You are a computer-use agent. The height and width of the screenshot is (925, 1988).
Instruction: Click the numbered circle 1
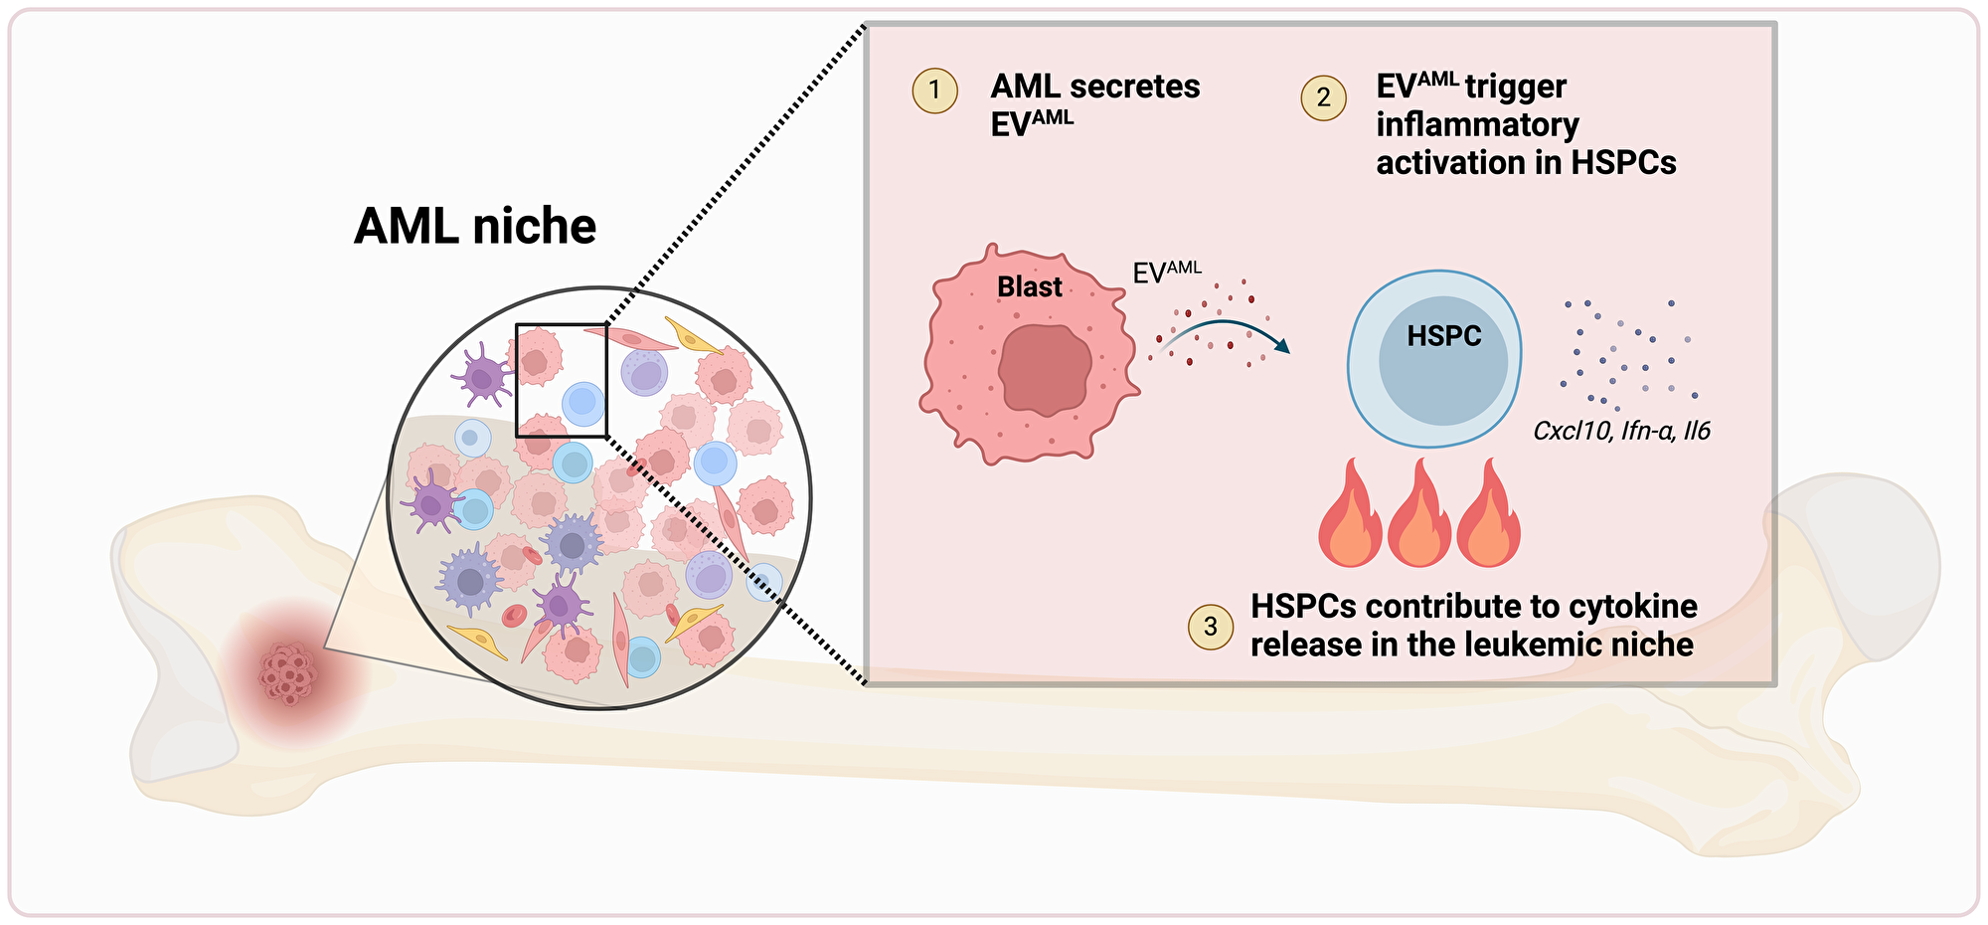coord(934,91)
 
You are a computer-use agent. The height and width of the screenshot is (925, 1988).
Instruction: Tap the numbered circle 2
coord(1323,97)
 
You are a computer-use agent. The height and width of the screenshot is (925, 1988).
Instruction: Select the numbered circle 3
coord(1211,627)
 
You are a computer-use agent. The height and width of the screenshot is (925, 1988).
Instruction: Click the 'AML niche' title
coord(475,227)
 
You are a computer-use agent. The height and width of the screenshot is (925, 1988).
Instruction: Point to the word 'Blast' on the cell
coord(1030,287)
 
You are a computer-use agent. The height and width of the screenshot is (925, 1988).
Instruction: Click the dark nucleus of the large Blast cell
coord(1045,367)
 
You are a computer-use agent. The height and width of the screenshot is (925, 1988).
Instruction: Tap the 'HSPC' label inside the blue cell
coord(1443,336)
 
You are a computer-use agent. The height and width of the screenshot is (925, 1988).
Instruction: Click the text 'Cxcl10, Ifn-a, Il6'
coord(1621,431)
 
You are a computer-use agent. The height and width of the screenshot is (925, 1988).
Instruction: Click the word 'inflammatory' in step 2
coord(1477,124)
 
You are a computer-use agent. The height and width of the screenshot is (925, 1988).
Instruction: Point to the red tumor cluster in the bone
coord(289,674)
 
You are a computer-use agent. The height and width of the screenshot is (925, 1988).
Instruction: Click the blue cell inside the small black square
coord(582,404)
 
